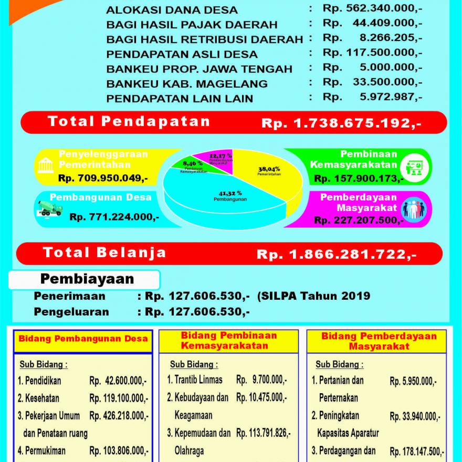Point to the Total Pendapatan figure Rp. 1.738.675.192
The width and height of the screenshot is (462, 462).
pyautogui.click(x=341, y=123)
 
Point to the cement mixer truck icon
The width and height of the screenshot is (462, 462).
pyautogui.click(x=50, y=208)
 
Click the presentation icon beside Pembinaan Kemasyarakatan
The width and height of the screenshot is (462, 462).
pyautogui.click(x=414, y=167)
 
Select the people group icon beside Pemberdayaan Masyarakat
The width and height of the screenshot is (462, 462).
pyautogui.click(x=414, y=208)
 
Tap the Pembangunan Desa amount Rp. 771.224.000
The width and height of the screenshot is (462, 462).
pyautogui.click(x=114, y=216)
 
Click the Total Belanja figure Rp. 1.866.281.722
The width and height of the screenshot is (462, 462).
pyautogui.click(x=337, y=255)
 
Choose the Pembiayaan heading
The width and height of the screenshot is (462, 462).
pyautogui.click(x=87, y=279)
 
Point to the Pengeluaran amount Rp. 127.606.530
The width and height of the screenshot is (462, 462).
pyautogui.click(x=197, y=312)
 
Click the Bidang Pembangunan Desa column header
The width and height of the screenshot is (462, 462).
pyautogui.click(x=83, y=339)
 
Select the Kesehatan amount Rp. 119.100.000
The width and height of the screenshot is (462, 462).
pyautogui.click(x=119, y=398)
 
